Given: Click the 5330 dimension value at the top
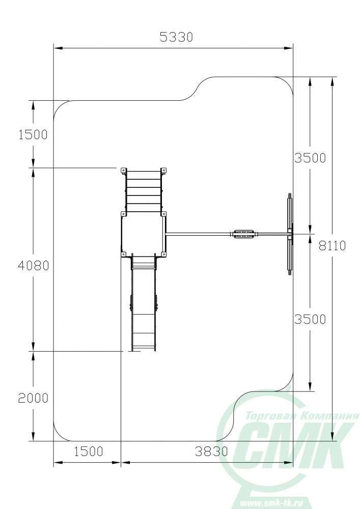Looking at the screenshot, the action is click(176, 37).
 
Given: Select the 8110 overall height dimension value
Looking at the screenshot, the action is click(332, 246).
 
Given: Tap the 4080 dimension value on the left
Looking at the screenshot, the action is click(34, 266).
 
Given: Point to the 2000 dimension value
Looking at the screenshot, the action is click(33, 398).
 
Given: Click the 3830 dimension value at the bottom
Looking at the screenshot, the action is click(211, 451).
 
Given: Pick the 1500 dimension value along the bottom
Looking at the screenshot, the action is click(88, 451).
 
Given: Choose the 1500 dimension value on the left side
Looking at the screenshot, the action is click(33, 134).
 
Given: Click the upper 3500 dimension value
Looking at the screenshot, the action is click(310, 158).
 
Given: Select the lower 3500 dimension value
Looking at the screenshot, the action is click(310, 319).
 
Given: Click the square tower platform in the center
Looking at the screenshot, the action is click(143, 234).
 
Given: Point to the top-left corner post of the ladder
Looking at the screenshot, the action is click(124, 171).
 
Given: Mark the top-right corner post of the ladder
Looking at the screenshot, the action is click(163, 171).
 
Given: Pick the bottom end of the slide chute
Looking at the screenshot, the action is click(144, 350).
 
